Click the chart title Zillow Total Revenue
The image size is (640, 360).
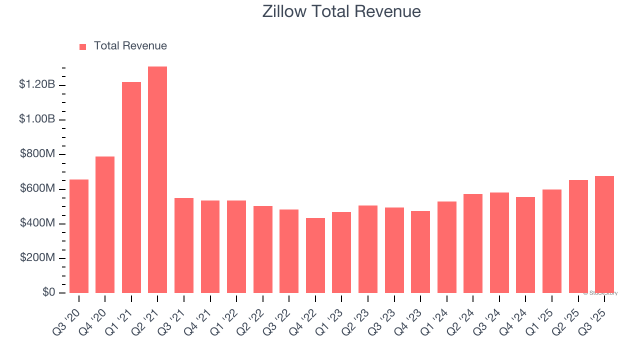[x=341, y=11]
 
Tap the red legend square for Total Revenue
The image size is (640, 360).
[x=82, y=46]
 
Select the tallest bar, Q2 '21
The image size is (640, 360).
[x=157, y=180]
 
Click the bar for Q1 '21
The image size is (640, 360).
[x=131, y=187]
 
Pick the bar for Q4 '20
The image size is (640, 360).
[x=105, y=225]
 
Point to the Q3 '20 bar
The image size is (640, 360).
[x=79, y=236]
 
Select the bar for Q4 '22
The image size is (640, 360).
[x=315, y=255]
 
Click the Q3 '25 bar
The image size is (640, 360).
[x=604, y=234]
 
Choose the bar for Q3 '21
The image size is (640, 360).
[x=184, y=245]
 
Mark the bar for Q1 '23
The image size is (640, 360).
[x=341, y=252]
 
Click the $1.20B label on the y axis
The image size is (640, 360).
[x=37, y=84]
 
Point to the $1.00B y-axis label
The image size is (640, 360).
[x=37, y=119]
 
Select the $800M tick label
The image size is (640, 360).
[x=37, y=154]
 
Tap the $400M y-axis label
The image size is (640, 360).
[x=37, y=223]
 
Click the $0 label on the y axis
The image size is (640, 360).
[x=48, y=292]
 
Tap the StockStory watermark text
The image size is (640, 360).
[x=600, y=293]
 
